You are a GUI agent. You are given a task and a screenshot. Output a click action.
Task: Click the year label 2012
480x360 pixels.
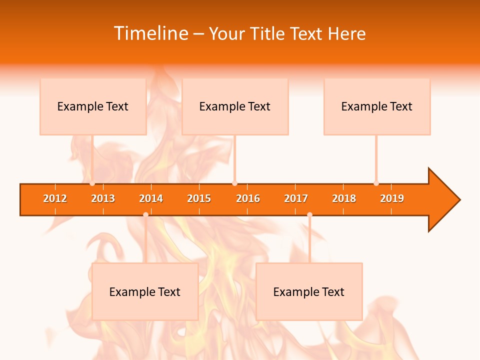(55, 198)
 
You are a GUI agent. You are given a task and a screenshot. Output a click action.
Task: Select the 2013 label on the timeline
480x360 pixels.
(103, 198)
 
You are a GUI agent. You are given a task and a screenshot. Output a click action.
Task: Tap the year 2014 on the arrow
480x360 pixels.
(151, 198)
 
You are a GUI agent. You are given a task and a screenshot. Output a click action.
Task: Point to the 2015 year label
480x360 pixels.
(199, 198)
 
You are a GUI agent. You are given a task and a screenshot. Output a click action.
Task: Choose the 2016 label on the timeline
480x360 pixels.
(248, 198)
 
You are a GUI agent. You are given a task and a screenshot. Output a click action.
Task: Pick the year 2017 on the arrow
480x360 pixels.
(296, 198)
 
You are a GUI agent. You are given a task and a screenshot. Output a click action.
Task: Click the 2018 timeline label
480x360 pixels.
(344, 198)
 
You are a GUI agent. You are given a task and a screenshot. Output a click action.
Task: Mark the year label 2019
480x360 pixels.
(392, 198)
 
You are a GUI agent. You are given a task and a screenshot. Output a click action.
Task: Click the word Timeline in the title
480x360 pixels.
(150, 33)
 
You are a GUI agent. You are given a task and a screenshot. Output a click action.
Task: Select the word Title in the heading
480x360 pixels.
(268, 33)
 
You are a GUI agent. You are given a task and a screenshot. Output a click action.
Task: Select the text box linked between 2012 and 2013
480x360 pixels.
(93, 106)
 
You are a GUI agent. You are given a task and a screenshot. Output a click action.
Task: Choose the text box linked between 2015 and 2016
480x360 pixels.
(235, 106)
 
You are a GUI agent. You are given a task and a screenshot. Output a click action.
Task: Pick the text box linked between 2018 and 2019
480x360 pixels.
(377, 106)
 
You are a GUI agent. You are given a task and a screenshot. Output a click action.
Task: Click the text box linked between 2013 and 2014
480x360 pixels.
(145, 291)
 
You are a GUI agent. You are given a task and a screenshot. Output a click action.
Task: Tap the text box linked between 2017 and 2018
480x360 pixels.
(309, 291)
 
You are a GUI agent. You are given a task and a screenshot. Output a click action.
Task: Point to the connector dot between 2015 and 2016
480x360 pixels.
(235, 183)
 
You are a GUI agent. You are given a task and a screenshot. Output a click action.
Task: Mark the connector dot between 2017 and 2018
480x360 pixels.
(309, 215)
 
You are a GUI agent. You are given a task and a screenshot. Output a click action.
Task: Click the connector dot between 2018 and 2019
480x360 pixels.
(376, 183)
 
